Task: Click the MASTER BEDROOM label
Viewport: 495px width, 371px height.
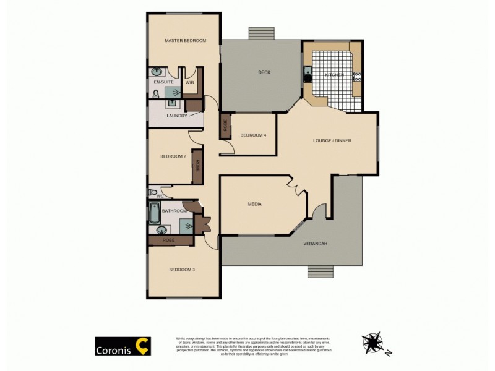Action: pos(185,41)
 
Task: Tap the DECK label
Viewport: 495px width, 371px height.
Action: pos(264,72)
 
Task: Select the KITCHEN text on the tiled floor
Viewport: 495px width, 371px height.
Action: pos(334,75)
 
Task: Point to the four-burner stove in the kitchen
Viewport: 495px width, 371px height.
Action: pos(357,77)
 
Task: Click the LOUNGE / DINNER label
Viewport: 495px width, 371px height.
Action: pos(332,140)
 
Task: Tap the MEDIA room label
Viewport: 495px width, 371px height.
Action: pos(254,204)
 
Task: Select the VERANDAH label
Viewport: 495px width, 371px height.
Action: pos(315,244)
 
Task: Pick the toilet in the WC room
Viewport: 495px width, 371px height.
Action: pos(151,192)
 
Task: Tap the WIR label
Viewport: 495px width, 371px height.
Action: pos(190,82)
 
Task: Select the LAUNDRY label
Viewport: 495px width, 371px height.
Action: pos(176,116)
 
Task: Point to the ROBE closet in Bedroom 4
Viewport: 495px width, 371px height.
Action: pos(225,127)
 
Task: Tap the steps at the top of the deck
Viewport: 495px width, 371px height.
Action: pos(260,33)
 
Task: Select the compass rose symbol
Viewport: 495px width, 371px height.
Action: pos(374,341)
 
